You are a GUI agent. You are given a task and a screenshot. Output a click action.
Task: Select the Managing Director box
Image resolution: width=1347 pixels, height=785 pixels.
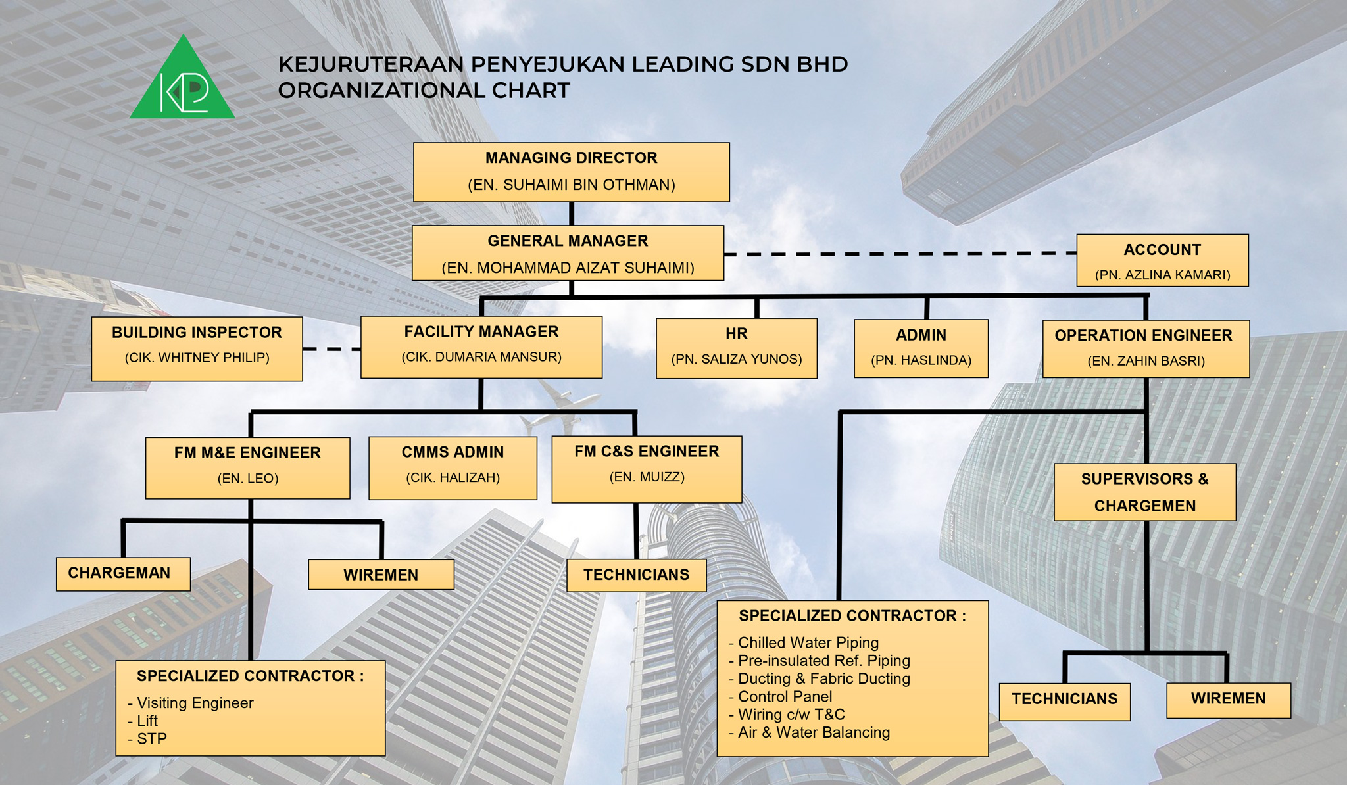click(571, 172)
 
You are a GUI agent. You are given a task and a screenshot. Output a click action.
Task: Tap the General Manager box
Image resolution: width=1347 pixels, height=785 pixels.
click(568, 253)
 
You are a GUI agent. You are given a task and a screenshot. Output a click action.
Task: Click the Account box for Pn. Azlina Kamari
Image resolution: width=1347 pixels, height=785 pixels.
click(1162, 260)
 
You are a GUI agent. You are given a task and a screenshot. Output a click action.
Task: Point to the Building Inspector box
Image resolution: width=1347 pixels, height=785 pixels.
click(197, 348)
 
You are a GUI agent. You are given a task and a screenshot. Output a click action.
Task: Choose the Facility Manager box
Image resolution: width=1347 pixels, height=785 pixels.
click(481, 347)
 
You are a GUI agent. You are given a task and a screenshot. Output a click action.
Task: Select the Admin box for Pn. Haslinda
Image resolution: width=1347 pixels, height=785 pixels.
click(921, 348)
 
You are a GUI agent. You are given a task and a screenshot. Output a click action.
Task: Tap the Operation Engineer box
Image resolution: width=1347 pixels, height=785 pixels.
click(1146, 348)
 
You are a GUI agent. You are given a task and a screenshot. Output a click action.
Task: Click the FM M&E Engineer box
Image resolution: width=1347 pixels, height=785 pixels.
click(247, 467)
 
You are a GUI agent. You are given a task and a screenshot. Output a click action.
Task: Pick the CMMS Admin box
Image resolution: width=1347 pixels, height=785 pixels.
click(453, 467)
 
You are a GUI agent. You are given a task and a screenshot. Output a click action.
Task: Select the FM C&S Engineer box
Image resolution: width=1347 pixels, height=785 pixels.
click(647, 468)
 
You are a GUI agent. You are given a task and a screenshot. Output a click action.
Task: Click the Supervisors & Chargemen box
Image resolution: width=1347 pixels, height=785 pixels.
click(1144, 492)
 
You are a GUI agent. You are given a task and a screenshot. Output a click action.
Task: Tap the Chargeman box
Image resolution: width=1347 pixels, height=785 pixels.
click(123, 574)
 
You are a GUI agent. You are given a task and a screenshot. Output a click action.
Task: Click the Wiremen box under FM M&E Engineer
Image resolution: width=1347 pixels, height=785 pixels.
click(381, 575)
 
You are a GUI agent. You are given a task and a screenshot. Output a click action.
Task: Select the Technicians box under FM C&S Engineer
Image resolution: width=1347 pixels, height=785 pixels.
click(636, 575)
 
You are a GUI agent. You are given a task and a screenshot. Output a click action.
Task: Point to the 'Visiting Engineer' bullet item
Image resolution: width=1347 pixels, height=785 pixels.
click(195, 703)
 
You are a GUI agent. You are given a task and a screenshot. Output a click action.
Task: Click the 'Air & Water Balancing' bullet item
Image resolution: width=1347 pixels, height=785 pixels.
click(814, 732)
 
